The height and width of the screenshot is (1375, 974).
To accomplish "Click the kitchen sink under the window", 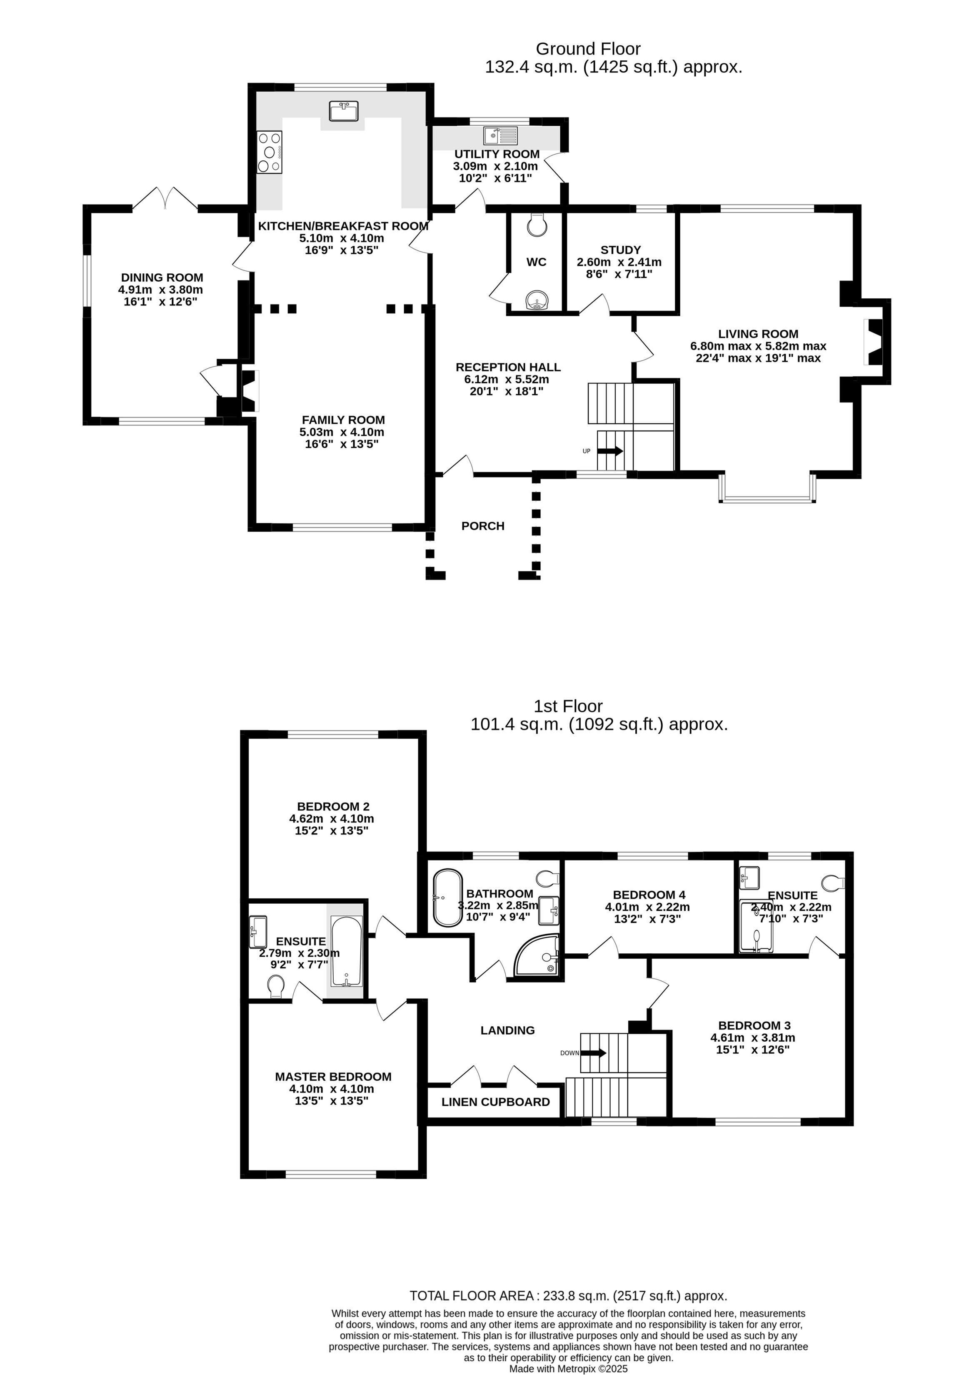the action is [343, 111].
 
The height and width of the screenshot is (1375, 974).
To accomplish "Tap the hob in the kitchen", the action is [269, 152].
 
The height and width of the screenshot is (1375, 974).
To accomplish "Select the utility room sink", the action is [500, 135].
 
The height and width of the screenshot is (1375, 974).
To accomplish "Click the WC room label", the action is [536, 262].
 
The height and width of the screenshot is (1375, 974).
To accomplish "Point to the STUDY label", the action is [620, 250].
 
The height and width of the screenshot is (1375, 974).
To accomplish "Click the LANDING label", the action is [507, 1030].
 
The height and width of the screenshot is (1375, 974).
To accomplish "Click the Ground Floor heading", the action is [588, 49].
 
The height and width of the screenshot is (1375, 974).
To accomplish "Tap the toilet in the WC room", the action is [536, 223].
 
